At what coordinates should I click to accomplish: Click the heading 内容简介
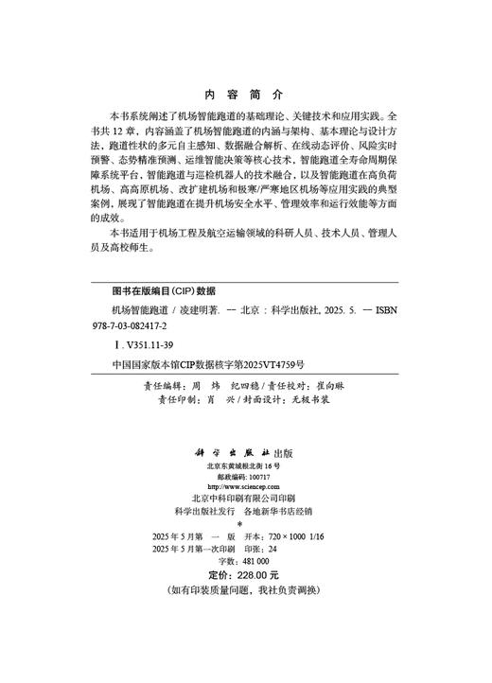(x=244, y=96)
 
